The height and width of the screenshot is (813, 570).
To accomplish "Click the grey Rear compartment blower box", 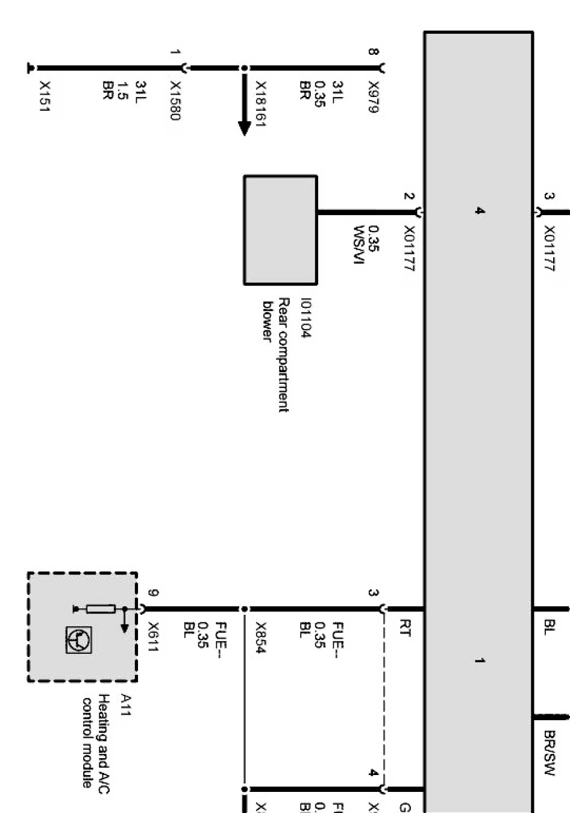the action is pyautogui.click(x=280, y=230).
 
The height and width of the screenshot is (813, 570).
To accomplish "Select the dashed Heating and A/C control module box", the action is pyautogui.click(x=82, y=627).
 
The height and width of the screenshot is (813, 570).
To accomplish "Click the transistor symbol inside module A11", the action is pyautogui.click(x=79, y=640).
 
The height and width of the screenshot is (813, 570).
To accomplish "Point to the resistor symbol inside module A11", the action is pyautogui.click(x=100, y=609).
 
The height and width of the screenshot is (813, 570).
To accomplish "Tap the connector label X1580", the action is pyautogui.click(x=174, y=101).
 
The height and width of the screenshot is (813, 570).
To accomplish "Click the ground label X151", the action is pyautogui.click(x=44, y=96).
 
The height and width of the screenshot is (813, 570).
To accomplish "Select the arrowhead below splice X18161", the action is pyautogui.click(x=244, y=128).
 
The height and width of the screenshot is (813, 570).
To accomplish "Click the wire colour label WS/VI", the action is pyautogui.click(x=359, y=245).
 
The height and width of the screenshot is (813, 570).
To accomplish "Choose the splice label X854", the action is pyautogui.click(x=261, y=638).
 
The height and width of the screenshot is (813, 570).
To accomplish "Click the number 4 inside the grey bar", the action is pyautogui.click(x=479, y=211).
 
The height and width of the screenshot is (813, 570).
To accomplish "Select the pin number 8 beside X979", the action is pyautogui.click(x=374, y=52).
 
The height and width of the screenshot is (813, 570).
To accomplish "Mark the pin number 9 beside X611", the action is pyautogui.click(x=153, y=593).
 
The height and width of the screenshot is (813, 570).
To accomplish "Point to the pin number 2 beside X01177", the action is pyautogui.click(x=409, y=196).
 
